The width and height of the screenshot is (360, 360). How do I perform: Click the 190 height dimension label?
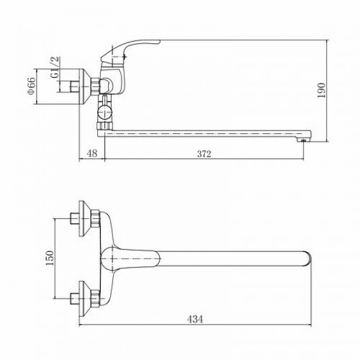tap(322, 90)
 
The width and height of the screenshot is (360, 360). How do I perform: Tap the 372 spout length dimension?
tap(204, 154)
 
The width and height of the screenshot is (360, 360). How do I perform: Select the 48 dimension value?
tap(91, 153)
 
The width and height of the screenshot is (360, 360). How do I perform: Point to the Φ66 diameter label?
tap(32, 86)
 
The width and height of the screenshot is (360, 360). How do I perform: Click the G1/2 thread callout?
tap(55, 67)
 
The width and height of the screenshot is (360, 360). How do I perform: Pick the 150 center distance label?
tap(50, 258)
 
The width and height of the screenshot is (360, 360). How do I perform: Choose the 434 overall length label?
tap(195, 319)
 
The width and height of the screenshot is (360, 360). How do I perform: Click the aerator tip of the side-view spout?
tap(303, 140)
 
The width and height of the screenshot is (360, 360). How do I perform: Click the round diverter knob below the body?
tap(104, 112)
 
